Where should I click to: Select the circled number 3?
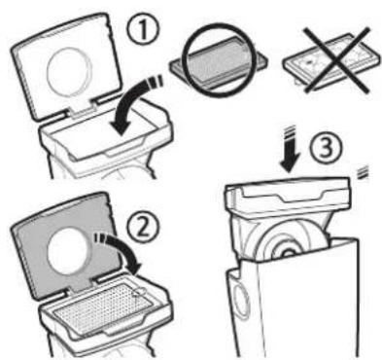[x=326, y=149]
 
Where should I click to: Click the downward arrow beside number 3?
[x=289, y=149]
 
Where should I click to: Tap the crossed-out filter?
[x=331, y=61]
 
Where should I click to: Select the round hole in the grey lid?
[x=68, y=252]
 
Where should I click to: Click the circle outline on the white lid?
[x=70, y=72]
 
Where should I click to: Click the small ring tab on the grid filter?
[x=139, y=292]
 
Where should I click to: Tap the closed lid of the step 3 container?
[x=289, y=193]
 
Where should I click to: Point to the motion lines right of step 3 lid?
[x=363, y=172]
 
